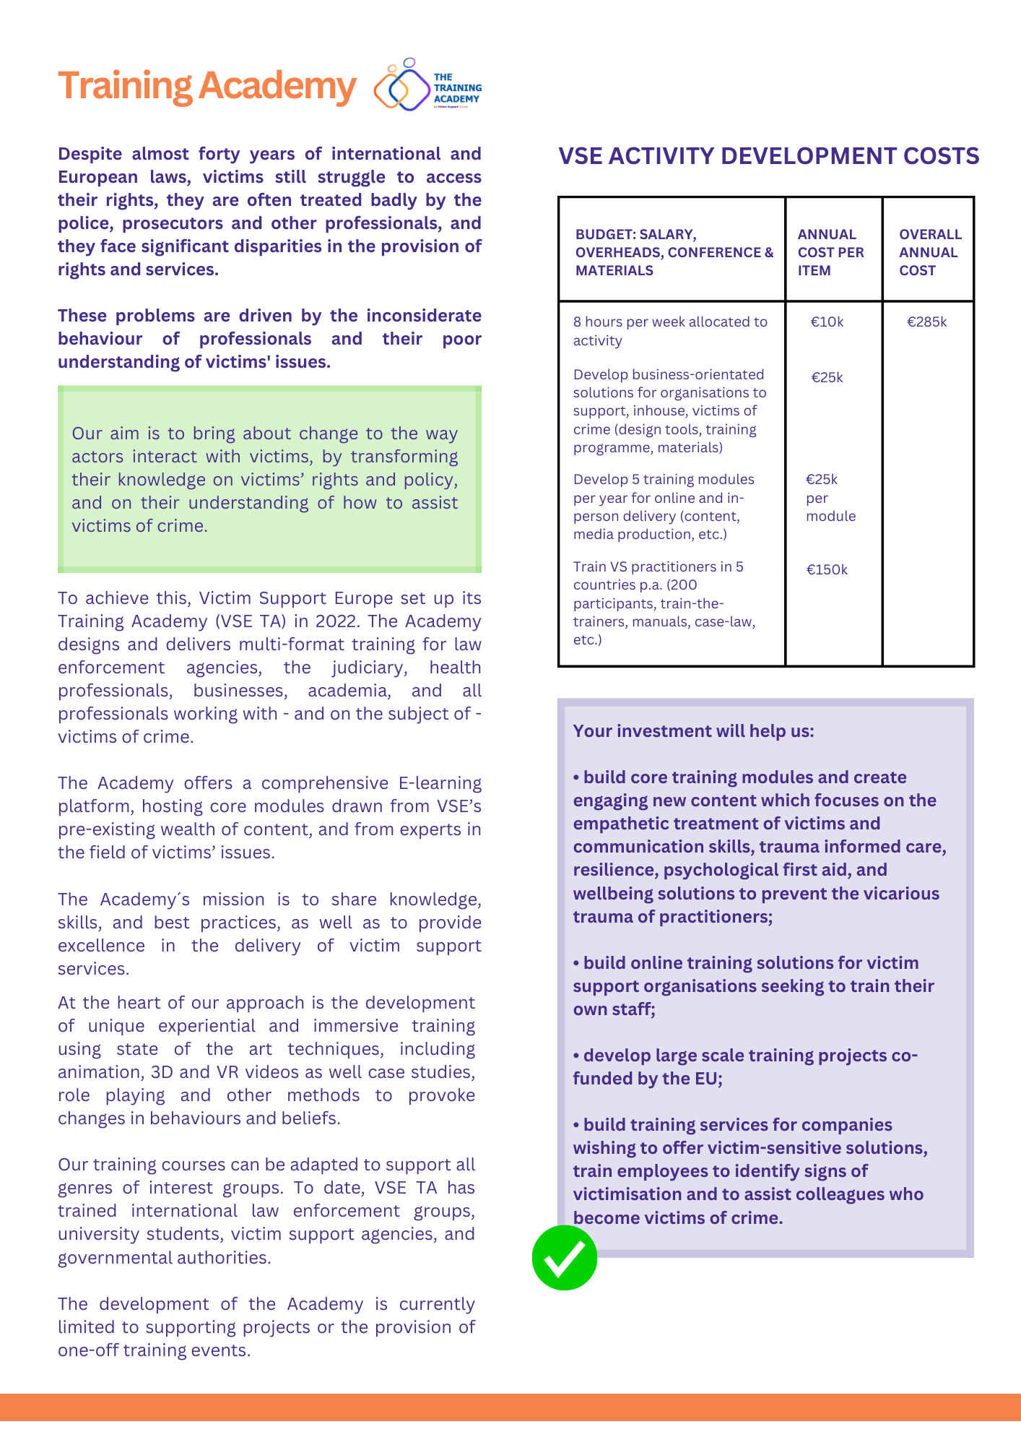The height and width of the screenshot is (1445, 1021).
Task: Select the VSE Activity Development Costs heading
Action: click(x=768, y=156)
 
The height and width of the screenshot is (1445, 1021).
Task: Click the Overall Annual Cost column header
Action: click(x=929, y=252)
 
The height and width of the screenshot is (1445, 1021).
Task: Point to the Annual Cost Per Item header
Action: click(x=830, y=252)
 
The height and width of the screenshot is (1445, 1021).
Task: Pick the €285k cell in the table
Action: click(x=926, y=322)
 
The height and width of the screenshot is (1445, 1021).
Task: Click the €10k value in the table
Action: click(x=827, y=322)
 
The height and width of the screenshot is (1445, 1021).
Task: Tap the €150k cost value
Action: click(x=827, y=570)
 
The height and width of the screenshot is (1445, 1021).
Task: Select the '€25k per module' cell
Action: click(x=830, y=498)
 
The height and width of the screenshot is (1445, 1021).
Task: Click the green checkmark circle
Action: click(x=565, y=1258)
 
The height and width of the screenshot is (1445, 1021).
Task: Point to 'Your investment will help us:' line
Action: click(x=693, y=731)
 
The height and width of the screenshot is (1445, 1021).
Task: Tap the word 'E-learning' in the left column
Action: click(x=440, y=783)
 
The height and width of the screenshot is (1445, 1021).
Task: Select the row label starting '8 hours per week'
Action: click(x=669, y=331)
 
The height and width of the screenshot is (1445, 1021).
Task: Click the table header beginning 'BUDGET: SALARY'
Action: click(x=673, y=252)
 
